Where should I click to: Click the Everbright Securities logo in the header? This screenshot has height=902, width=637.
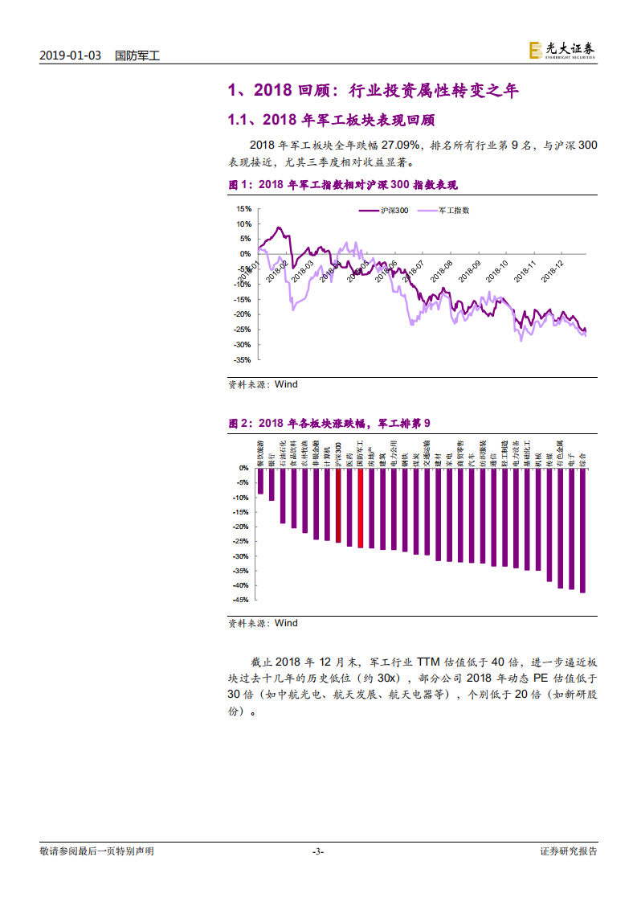562,50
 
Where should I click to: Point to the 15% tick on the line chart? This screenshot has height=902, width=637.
243,208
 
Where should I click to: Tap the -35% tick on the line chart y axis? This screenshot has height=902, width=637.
243,360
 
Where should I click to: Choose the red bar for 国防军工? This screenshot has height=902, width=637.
360,508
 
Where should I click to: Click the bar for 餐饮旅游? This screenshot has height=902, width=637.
260,481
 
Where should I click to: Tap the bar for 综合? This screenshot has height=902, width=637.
582,531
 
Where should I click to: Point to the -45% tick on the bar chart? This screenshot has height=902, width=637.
241,600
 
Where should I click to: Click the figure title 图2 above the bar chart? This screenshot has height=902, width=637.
329,423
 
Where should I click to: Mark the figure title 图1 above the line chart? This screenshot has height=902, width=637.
343,185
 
